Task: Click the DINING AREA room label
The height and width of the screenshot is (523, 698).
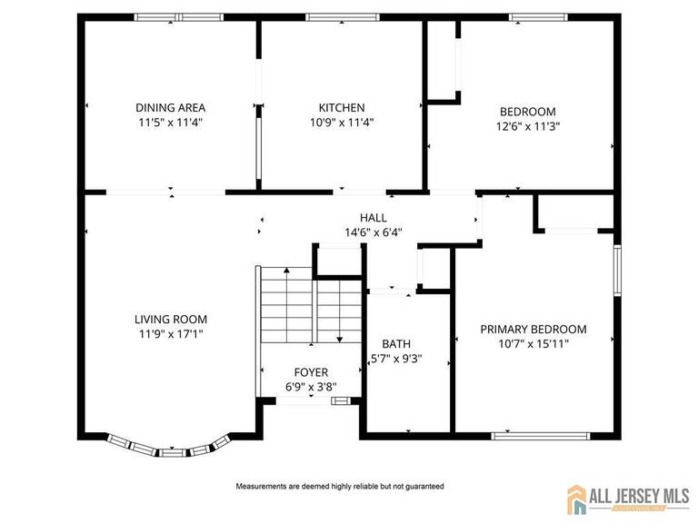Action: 170,107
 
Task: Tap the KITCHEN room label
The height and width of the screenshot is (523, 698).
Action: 342,107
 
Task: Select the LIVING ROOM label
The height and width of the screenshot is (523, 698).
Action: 171,319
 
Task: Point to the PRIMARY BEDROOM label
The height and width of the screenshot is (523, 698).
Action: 533,329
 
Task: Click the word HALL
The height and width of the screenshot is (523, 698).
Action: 373,218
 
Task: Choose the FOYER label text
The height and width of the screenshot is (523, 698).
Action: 311,372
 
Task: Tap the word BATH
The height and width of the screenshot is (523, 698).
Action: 396,343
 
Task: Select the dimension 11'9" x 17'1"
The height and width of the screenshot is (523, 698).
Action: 171,333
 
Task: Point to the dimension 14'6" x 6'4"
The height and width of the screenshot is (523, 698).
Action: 373,232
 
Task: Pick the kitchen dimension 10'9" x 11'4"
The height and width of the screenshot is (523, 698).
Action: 342,122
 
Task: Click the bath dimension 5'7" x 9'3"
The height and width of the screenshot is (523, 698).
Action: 396,358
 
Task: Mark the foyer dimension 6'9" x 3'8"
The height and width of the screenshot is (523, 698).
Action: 311,387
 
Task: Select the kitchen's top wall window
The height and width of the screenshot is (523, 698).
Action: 343,16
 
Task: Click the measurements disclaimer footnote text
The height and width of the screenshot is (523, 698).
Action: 340,487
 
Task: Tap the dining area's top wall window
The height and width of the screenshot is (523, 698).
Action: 179,16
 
